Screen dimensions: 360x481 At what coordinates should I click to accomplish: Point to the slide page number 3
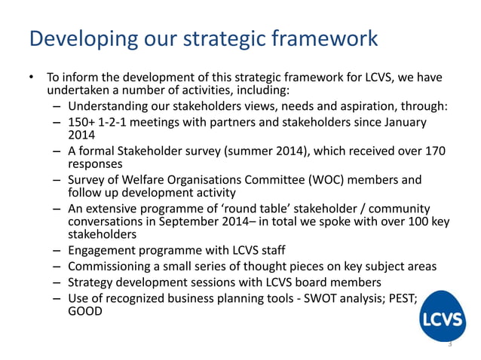[449, 344]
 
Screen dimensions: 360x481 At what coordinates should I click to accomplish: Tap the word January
[403, 123]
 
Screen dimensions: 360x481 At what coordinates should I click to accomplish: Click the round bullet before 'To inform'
[32, 78]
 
